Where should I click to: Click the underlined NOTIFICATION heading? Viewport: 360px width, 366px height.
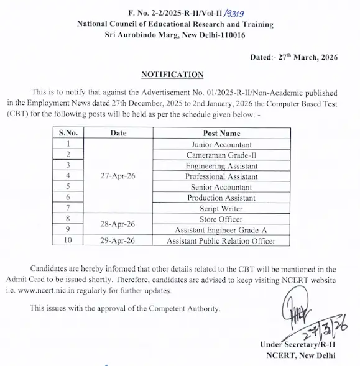(x=172, y=75)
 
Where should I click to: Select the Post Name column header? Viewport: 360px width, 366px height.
(x=221, y=133)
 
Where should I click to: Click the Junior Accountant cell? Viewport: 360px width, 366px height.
(x=221, y=144)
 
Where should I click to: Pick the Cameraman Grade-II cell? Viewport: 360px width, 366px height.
(x=221, y=155)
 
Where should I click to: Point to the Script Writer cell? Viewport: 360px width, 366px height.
(x=221, y=209)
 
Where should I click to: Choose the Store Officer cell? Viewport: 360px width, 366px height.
(x=221, y=219)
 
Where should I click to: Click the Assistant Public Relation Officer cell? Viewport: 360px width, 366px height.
(x=221, y=241)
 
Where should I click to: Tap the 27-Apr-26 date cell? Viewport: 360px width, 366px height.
(x=118, y=176)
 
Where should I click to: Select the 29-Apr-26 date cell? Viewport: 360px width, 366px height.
(x=118, y=241)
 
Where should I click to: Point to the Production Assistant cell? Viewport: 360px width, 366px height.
(x=221, y=198)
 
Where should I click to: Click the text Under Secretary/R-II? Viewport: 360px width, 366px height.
(x=298, y=345)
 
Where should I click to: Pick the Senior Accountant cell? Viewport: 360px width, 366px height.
(x=221, y=187)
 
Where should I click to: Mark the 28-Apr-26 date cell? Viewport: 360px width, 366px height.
(x=118, y=224)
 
